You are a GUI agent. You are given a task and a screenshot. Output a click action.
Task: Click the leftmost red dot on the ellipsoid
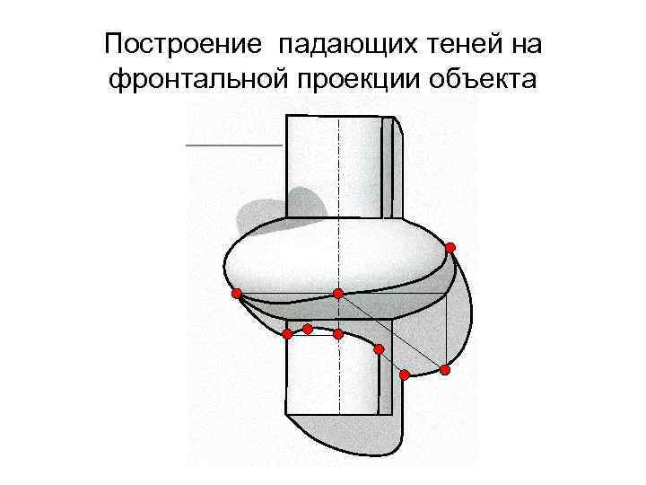click(x=236, y=293)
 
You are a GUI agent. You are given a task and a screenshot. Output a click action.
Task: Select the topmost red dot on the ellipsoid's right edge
click(x=450, y=247)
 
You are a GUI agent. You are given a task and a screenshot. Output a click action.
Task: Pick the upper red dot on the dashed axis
click(x=338, y=294)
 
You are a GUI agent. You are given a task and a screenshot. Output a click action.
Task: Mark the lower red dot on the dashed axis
click(x=338, y=334)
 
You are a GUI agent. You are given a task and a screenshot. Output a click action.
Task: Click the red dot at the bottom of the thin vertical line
click(x=445, y=369)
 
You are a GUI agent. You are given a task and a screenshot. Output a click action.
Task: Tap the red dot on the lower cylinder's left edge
click(x=287, y=334)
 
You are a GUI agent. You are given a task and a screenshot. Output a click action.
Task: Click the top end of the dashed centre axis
click(x=338, y=119)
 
